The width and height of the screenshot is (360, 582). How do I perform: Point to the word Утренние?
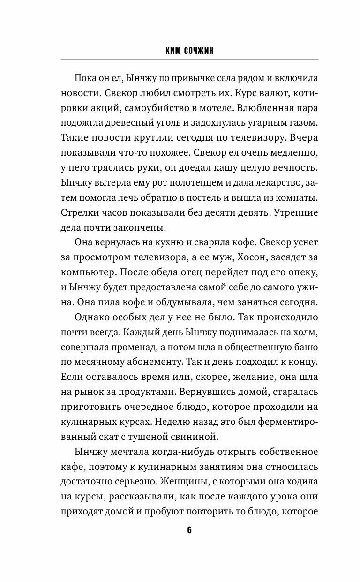coord(296,212)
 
